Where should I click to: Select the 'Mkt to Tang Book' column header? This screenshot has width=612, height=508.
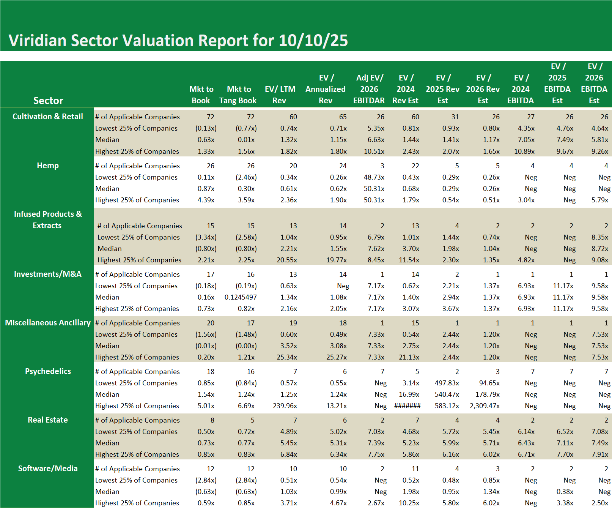[x=238, y=95]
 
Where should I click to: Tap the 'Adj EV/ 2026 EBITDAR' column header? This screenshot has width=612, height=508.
[x=369, y=89]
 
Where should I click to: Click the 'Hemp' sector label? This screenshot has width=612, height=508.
[x=48, y=166]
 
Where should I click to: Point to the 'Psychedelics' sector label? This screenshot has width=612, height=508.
[x=48, y=371]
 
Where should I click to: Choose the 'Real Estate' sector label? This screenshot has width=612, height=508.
[x=48, y=420]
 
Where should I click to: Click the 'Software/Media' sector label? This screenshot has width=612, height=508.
[x=48, y=469]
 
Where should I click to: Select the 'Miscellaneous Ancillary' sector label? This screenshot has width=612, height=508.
[x=48, y=323]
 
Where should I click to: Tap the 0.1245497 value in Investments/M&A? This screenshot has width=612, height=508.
[x=241, y=297]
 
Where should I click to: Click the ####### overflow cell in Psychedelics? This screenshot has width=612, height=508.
[x=407, y=406]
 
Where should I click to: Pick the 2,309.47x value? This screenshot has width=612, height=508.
[x=485, y=406]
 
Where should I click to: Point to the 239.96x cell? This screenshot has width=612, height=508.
[x=285, y=406]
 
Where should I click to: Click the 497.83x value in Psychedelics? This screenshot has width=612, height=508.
[x=447, y=383]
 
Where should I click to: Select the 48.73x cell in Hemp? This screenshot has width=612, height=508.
[x=374, y=177]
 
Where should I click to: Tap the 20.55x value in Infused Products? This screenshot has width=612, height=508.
[x=286, y=260]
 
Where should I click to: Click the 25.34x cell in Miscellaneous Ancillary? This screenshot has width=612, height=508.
[x=286, y=357]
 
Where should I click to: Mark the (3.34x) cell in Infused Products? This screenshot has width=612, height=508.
[x=206, y=237]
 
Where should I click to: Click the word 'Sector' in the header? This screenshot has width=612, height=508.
[x=48, y=101]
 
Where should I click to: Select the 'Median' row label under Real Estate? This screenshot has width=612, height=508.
[x=107, y=443]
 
